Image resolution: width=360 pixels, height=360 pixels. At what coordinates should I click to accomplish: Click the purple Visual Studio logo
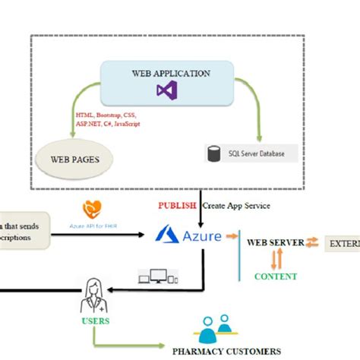tap(166, 90)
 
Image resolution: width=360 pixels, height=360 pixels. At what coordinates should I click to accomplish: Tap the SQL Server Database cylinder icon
tap(213, 153)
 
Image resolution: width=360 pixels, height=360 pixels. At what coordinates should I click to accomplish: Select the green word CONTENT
tap(275, 276)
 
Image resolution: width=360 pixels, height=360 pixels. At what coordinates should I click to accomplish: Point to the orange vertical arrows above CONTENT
tap(276, 260)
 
